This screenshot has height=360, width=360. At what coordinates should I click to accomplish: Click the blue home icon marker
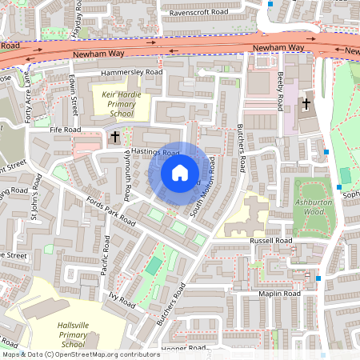pyautogui.click(x=180, y=173)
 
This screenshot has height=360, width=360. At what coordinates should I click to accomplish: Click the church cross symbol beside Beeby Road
pyautogui.click(x=306, y=103)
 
